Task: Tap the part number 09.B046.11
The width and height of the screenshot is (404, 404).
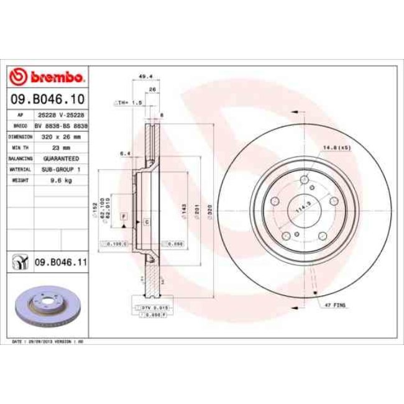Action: [x=60, y=263]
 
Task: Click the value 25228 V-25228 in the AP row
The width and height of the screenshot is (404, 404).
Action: [x=60, y=116]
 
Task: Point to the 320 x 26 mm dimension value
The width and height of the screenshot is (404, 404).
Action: [x=60, y=135]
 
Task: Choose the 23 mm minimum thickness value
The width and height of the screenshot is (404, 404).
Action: [x=60, y=147]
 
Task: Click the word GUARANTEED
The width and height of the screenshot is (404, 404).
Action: [x=60, y=158]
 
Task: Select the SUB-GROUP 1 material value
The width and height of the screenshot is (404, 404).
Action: [x=60, y=169]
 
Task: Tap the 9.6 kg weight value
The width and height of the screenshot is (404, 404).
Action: [x=60, y=180]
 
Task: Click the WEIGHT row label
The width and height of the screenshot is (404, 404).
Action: [x=21, y=180]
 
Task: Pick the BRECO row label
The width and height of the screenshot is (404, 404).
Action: [x=21, y=126]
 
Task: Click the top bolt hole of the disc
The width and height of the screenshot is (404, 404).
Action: [x=304, y=181]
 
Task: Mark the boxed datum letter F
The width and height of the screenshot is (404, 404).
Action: [x=124, y=215]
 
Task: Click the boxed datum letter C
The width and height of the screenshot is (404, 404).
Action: [x=146, y=222]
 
